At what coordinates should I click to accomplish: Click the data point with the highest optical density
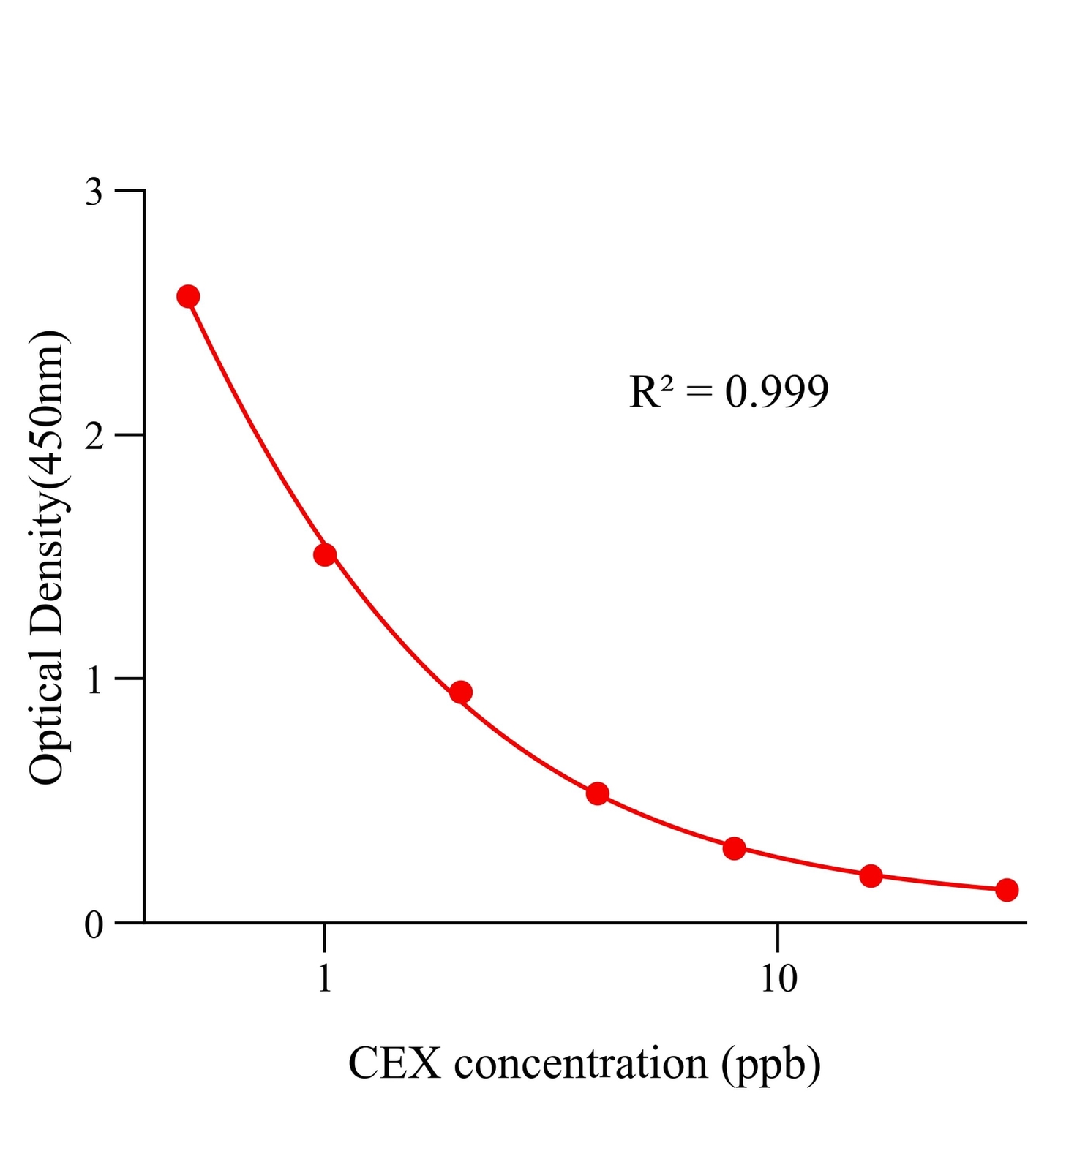pos(188,296)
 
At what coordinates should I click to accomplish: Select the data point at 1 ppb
pos(325,555)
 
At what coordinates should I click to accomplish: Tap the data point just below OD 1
pos(460,692)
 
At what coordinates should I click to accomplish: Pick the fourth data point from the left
pos(598,793)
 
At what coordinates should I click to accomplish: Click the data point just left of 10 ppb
pos(734,849)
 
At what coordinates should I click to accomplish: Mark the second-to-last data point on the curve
pos(871,875)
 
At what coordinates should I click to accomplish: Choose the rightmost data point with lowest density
pos(1007,890)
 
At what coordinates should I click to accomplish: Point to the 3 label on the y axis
pos(94,192)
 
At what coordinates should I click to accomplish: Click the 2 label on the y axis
pos(94,437)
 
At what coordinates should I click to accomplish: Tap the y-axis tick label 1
pos(94,681)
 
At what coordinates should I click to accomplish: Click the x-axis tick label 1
pos(325,978)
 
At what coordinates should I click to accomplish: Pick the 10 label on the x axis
pos(778,978)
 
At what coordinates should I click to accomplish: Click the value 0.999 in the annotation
pos(776,392)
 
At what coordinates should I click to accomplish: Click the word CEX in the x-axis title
pos(394,1064)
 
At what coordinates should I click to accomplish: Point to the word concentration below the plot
pos(581,1064)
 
